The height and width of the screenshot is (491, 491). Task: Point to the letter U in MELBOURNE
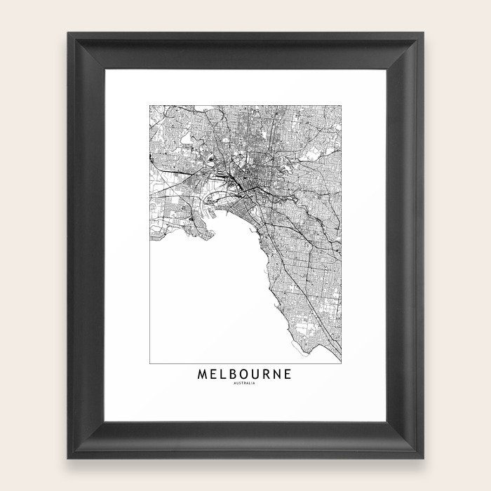click(x=257, y=375)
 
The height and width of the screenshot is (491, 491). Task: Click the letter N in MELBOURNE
click(x=279, y=375)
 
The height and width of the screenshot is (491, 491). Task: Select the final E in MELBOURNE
click(x=290, y=375)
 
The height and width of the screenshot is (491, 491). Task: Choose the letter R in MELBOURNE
click(x=268, y=375)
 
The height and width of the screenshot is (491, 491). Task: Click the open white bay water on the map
click(x=203, y=302)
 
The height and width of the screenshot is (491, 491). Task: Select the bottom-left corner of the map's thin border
click(x=149, y=363)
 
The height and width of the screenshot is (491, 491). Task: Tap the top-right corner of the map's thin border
click(x=342, y=105)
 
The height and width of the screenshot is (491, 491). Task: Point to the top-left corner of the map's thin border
click(x=149, y=105)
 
